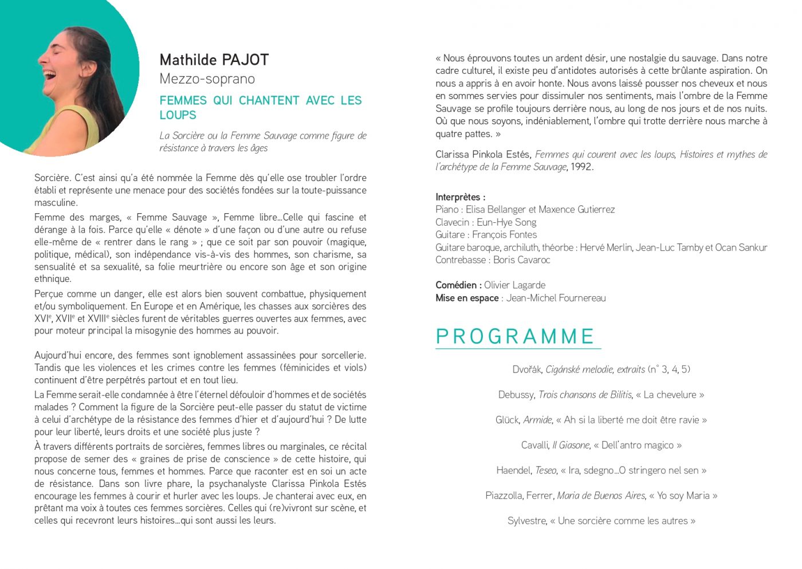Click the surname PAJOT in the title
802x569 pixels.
pos(245,60)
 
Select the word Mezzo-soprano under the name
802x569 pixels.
pos(207,79)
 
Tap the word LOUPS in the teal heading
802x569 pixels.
pos(178,115)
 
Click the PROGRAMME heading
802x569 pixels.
pos(515,336)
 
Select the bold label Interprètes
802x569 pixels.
pos(459,197)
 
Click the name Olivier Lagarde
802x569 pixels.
pos(514,285)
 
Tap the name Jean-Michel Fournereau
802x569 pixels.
pos(556,298)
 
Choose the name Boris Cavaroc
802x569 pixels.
pos(521,260)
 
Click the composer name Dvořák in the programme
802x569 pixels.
pos(526,370)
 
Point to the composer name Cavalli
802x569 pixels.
pos(534,445)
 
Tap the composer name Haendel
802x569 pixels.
pos(514,470)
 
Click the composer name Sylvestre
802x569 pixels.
pos(526,521)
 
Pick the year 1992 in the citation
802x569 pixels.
pos(581,167)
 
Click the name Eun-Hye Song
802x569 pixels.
pos(506,222)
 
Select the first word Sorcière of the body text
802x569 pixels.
pos(52,178)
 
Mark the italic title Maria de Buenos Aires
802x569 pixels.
pos(600,496)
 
